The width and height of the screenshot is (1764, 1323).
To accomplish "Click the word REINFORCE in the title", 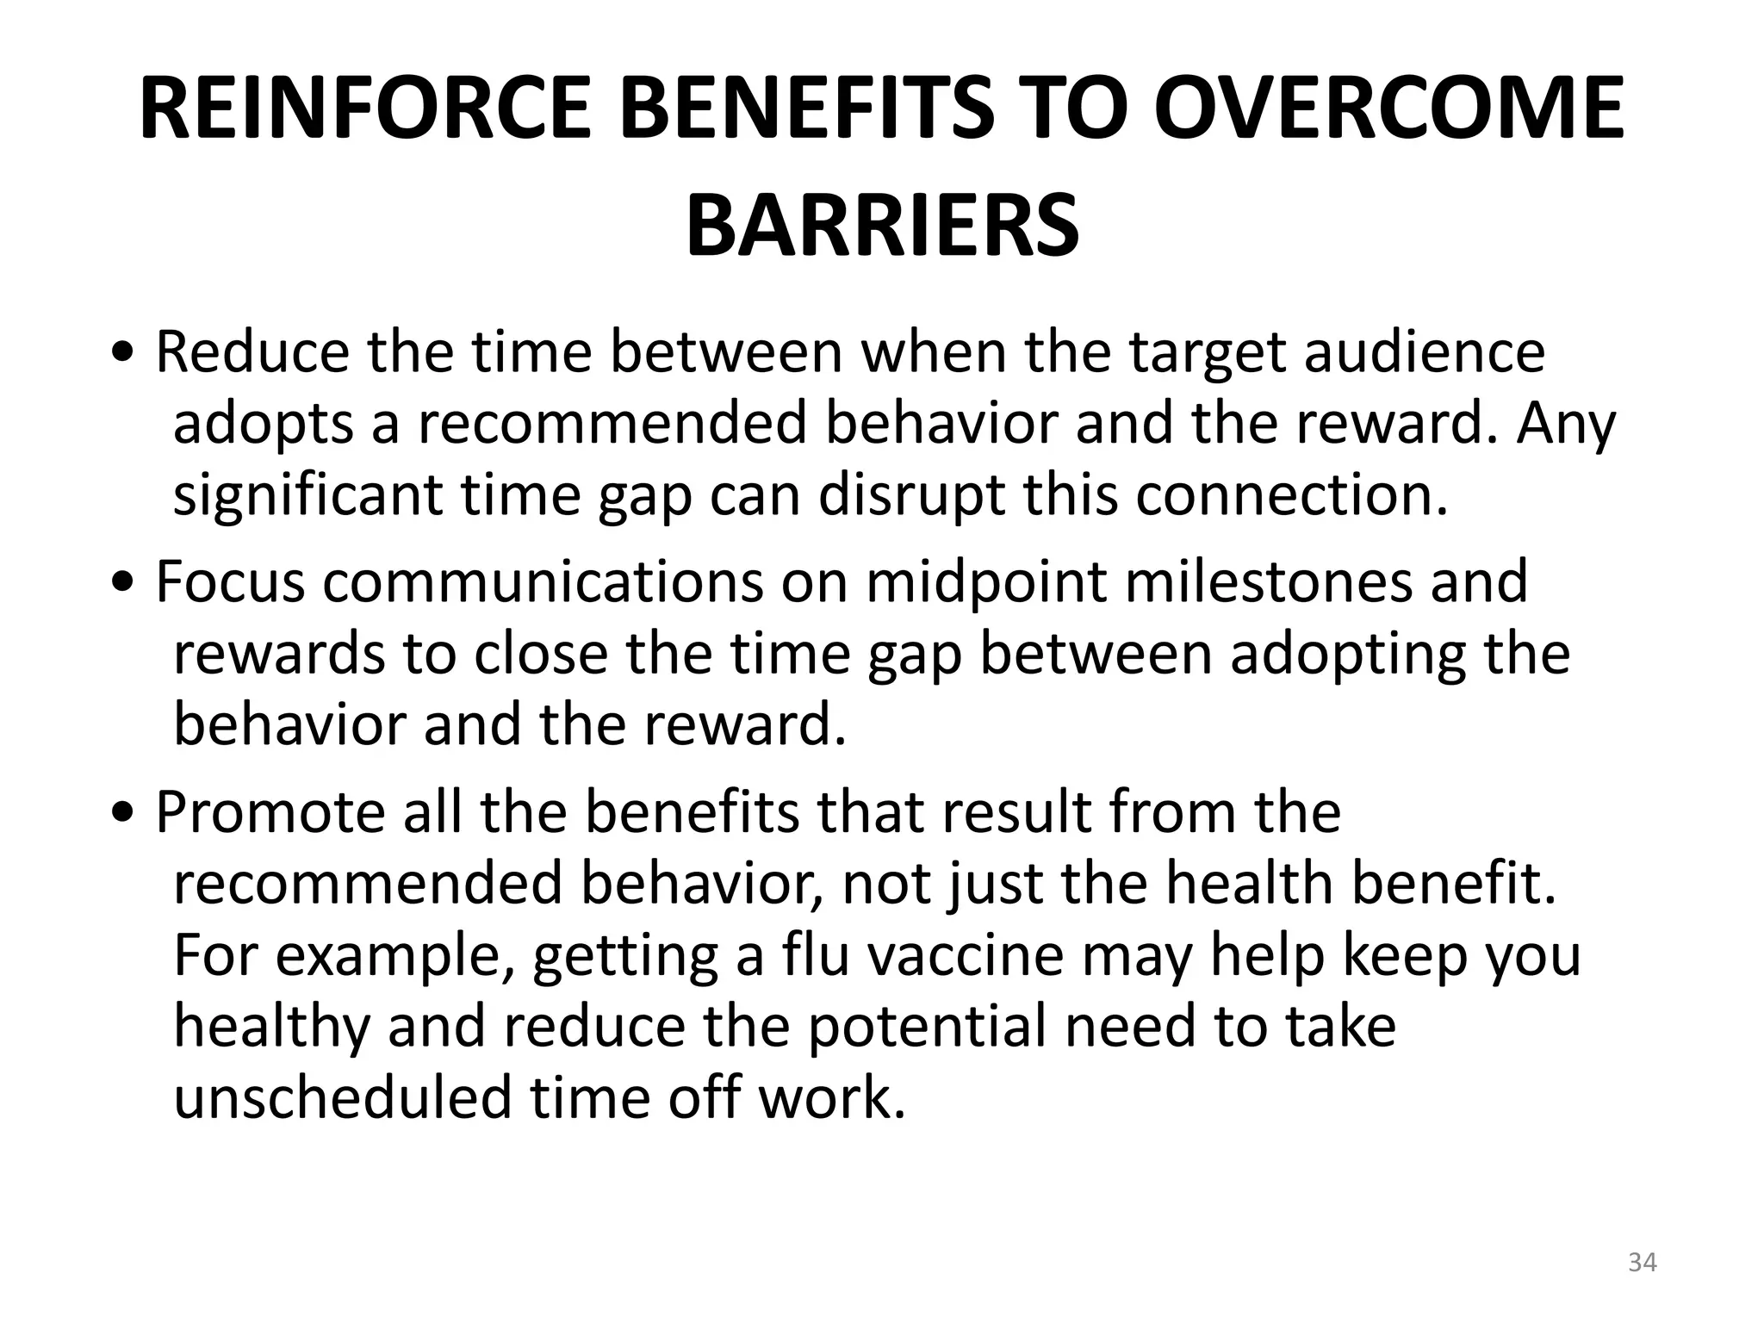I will (x=365, y=109).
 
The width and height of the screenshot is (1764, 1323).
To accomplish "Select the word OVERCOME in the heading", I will (x=1389, y=109).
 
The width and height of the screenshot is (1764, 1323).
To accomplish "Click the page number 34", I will (x=1642, y=1264).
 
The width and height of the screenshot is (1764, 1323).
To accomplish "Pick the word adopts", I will (x=264, y=424).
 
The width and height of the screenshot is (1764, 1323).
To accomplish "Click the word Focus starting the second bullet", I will (x=230, y=581).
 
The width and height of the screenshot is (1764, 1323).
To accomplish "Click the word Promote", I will (x=270, y=811).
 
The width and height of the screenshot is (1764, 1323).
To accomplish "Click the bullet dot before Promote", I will (x=127, y=814).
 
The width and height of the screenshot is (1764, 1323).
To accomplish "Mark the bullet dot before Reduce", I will (x=127, y=354).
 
